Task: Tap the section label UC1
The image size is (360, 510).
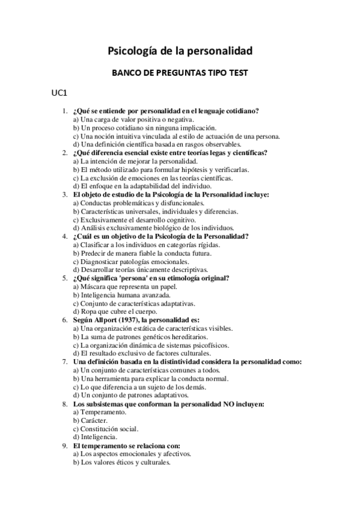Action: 59,94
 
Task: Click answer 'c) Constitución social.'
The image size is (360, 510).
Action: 106,429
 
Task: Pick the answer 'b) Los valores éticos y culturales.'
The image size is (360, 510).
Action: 122,462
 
